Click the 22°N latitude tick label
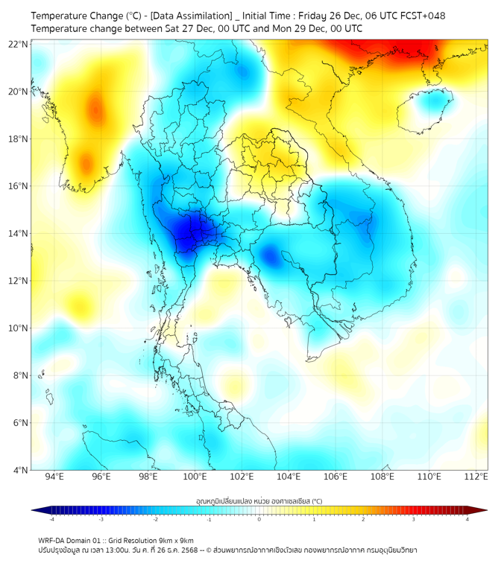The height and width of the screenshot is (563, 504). click(x=19, y=44)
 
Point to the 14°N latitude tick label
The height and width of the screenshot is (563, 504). click(x=19, y=233)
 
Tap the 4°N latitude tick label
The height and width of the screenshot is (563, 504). click(x=21, y=470)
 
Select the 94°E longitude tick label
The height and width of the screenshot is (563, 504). click(x=54, y=477)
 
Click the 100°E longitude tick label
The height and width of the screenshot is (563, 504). click(x=195, y=477)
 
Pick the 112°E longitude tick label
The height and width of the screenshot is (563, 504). click(x=476, y=477)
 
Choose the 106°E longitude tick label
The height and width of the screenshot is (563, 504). click(x=336, y=477)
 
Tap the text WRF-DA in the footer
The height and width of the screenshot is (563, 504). click(x=54, y=541)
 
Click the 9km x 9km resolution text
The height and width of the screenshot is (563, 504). click(x=174, y=541)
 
